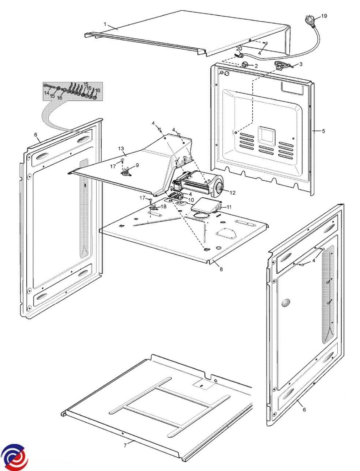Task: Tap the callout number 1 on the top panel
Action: point(105,24)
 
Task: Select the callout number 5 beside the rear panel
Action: point(323,131)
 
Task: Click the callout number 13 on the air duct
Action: point(121,148)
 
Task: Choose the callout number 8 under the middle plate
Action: point(221,269)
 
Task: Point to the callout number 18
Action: point(163,206)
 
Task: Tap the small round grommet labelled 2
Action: point(246,65)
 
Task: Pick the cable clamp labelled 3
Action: point(282,66)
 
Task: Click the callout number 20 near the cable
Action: point(239,48)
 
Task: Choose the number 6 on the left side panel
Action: point(36,135)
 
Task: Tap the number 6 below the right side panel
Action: point(304,410)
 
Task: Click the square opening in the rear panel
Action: point(266,136)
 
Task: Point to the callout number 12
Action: point(232,192)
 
